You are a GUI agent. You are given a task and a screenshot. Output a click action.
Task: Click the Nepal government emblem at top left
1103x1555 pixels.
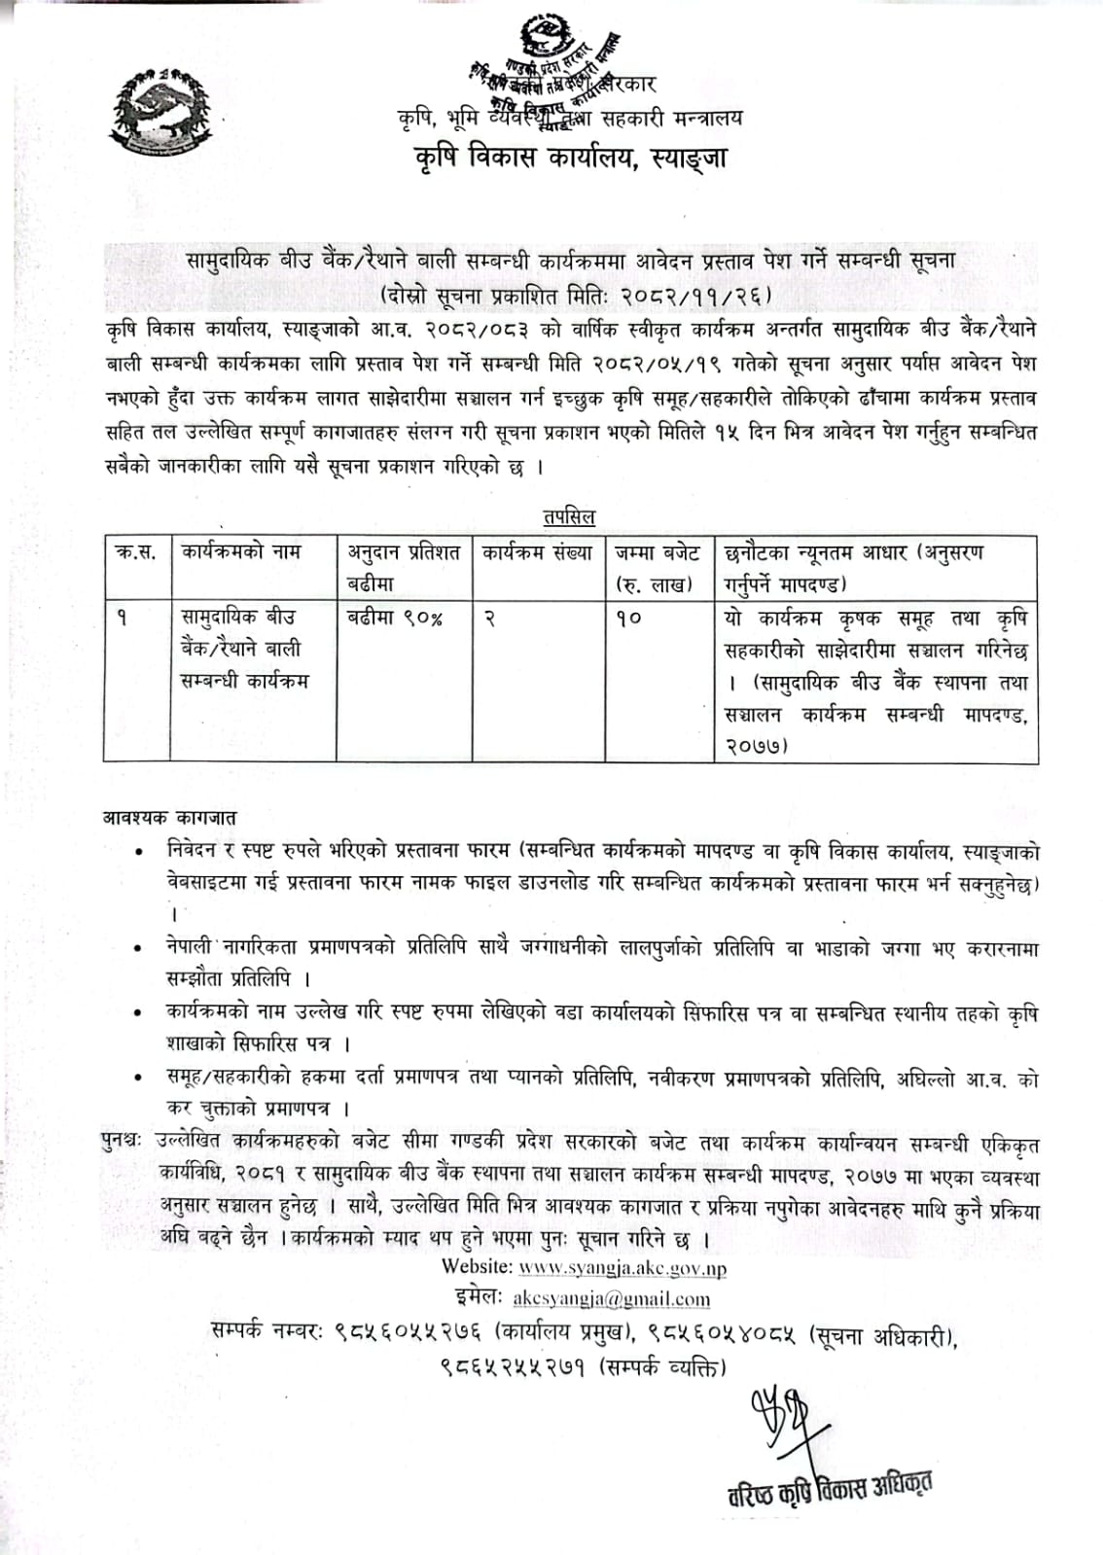tap(162, 114)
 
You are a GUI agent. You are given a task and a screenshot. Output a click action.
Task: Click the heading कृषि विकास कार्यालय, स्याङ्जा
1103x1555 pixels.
tap(569, 158)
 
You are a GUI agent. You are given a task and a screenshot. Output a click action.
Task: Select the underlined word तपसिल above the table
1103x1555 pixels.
tap(570, 517)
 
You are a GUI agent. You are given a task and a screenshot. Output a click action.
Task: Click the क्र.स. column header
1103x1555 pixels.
tap(136, 552)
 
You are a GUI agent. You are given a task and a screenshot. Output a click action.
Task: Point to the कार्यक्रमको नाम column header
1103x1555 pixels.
tap(241, 552)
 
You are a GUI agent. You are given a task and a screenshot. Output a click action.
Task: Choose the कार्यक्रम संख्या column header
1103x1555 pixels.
tap(538, 552)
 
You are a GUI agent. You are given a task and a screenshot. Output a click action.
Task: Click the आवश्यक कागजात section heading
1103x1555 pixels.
tap(170, 818)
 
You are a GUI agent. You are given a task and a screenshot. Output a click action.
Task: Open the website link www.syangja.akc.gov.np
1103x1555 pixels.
tap(623, 1268)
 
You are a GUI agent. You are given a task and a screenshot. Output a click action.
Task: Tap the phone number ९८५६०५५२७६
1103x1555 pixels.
tap(409, 1331)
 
